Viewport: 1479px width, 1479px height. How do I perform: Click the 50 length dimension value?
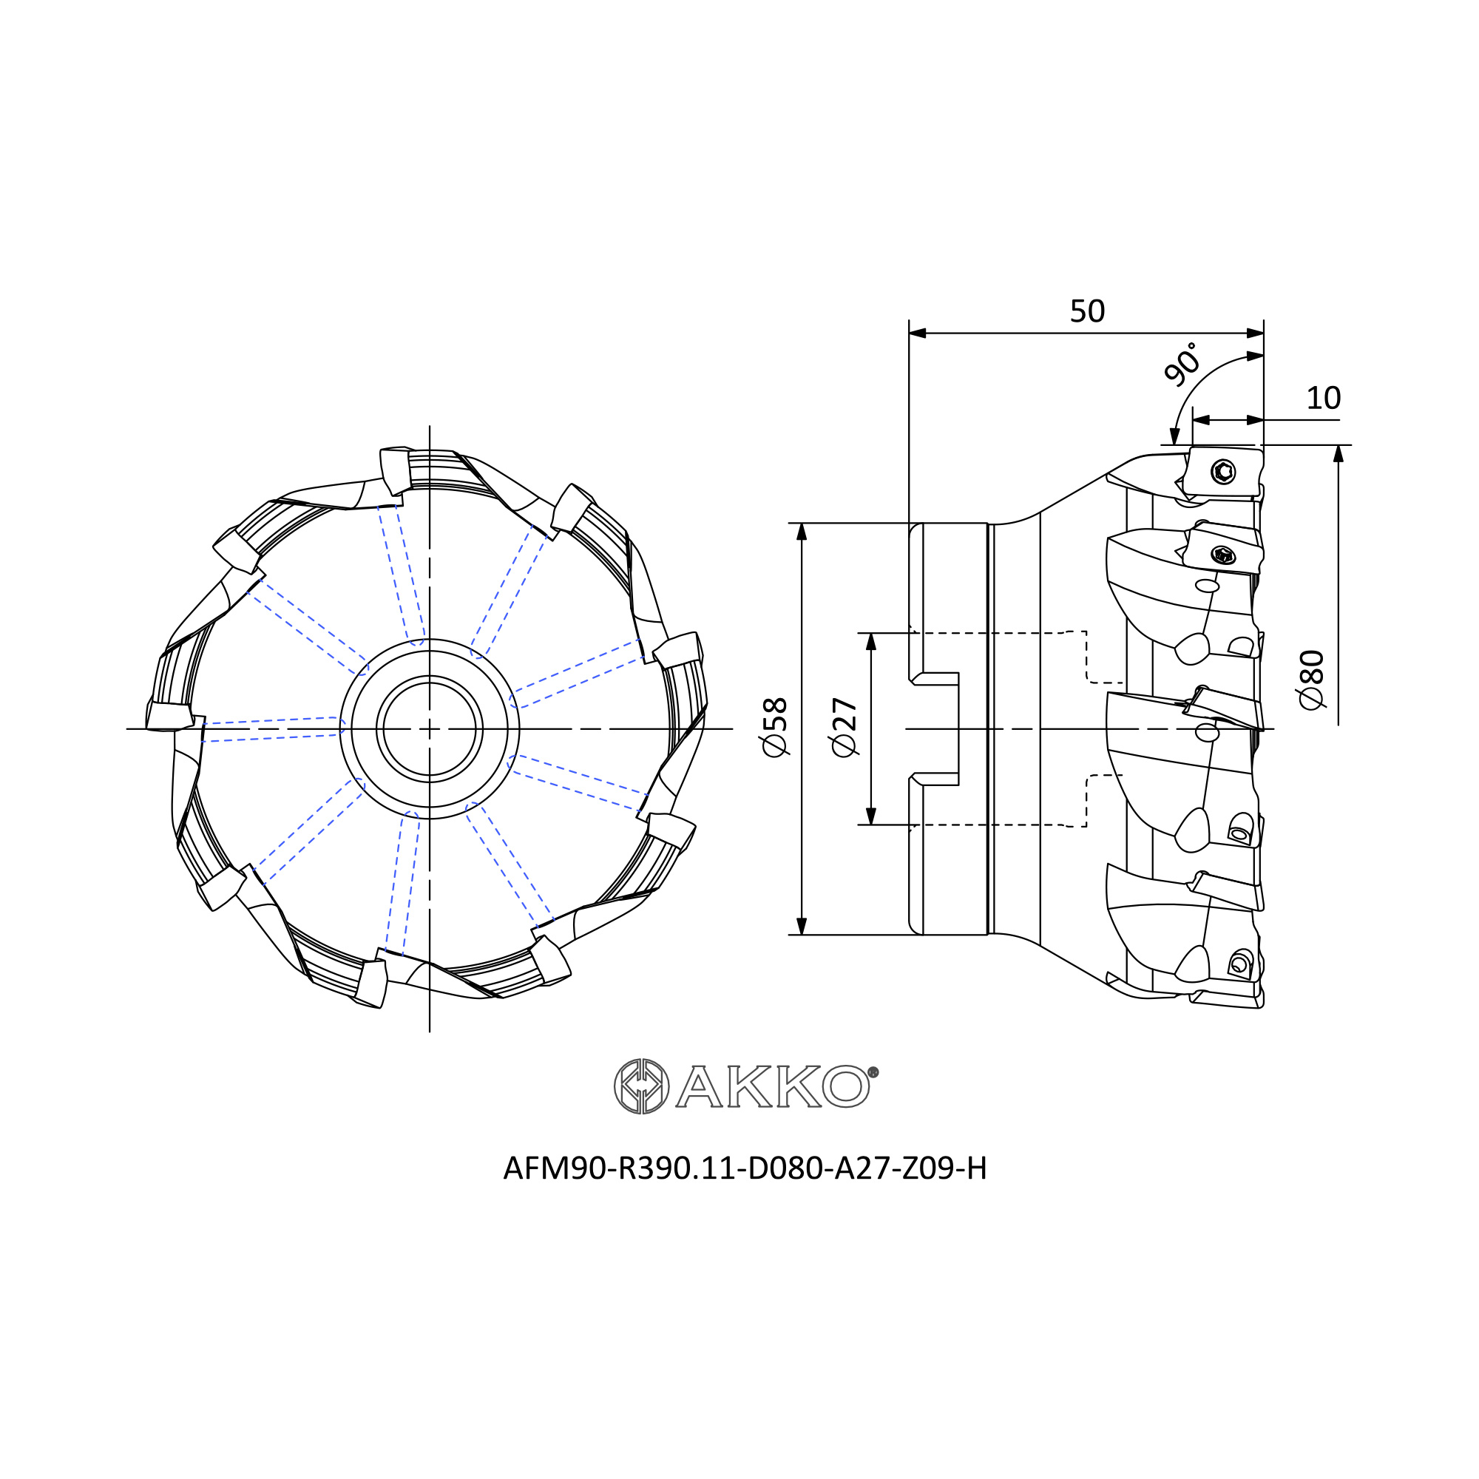(1087, 311)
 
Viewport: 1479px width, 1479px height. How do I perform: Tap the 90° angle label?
(1181, 364)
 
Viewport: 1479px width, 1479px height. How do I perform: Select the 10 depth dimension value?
(1324, 398)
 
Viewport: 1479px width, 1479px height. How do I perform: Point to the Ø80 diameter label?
(1311, 679)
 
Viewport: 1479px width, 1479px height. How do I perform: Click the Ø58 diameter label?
(776, 727)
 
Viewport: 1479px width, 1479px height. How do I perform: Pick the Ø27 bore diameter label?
(845, 727)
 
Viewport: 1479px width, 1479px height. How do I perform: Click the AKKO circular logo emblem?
(641, 1086)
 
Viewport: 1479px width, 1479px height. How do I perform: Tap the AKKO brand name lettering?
(774, 1086)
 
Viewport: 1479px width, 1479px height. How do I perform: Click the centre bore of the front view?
(430, 729)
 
